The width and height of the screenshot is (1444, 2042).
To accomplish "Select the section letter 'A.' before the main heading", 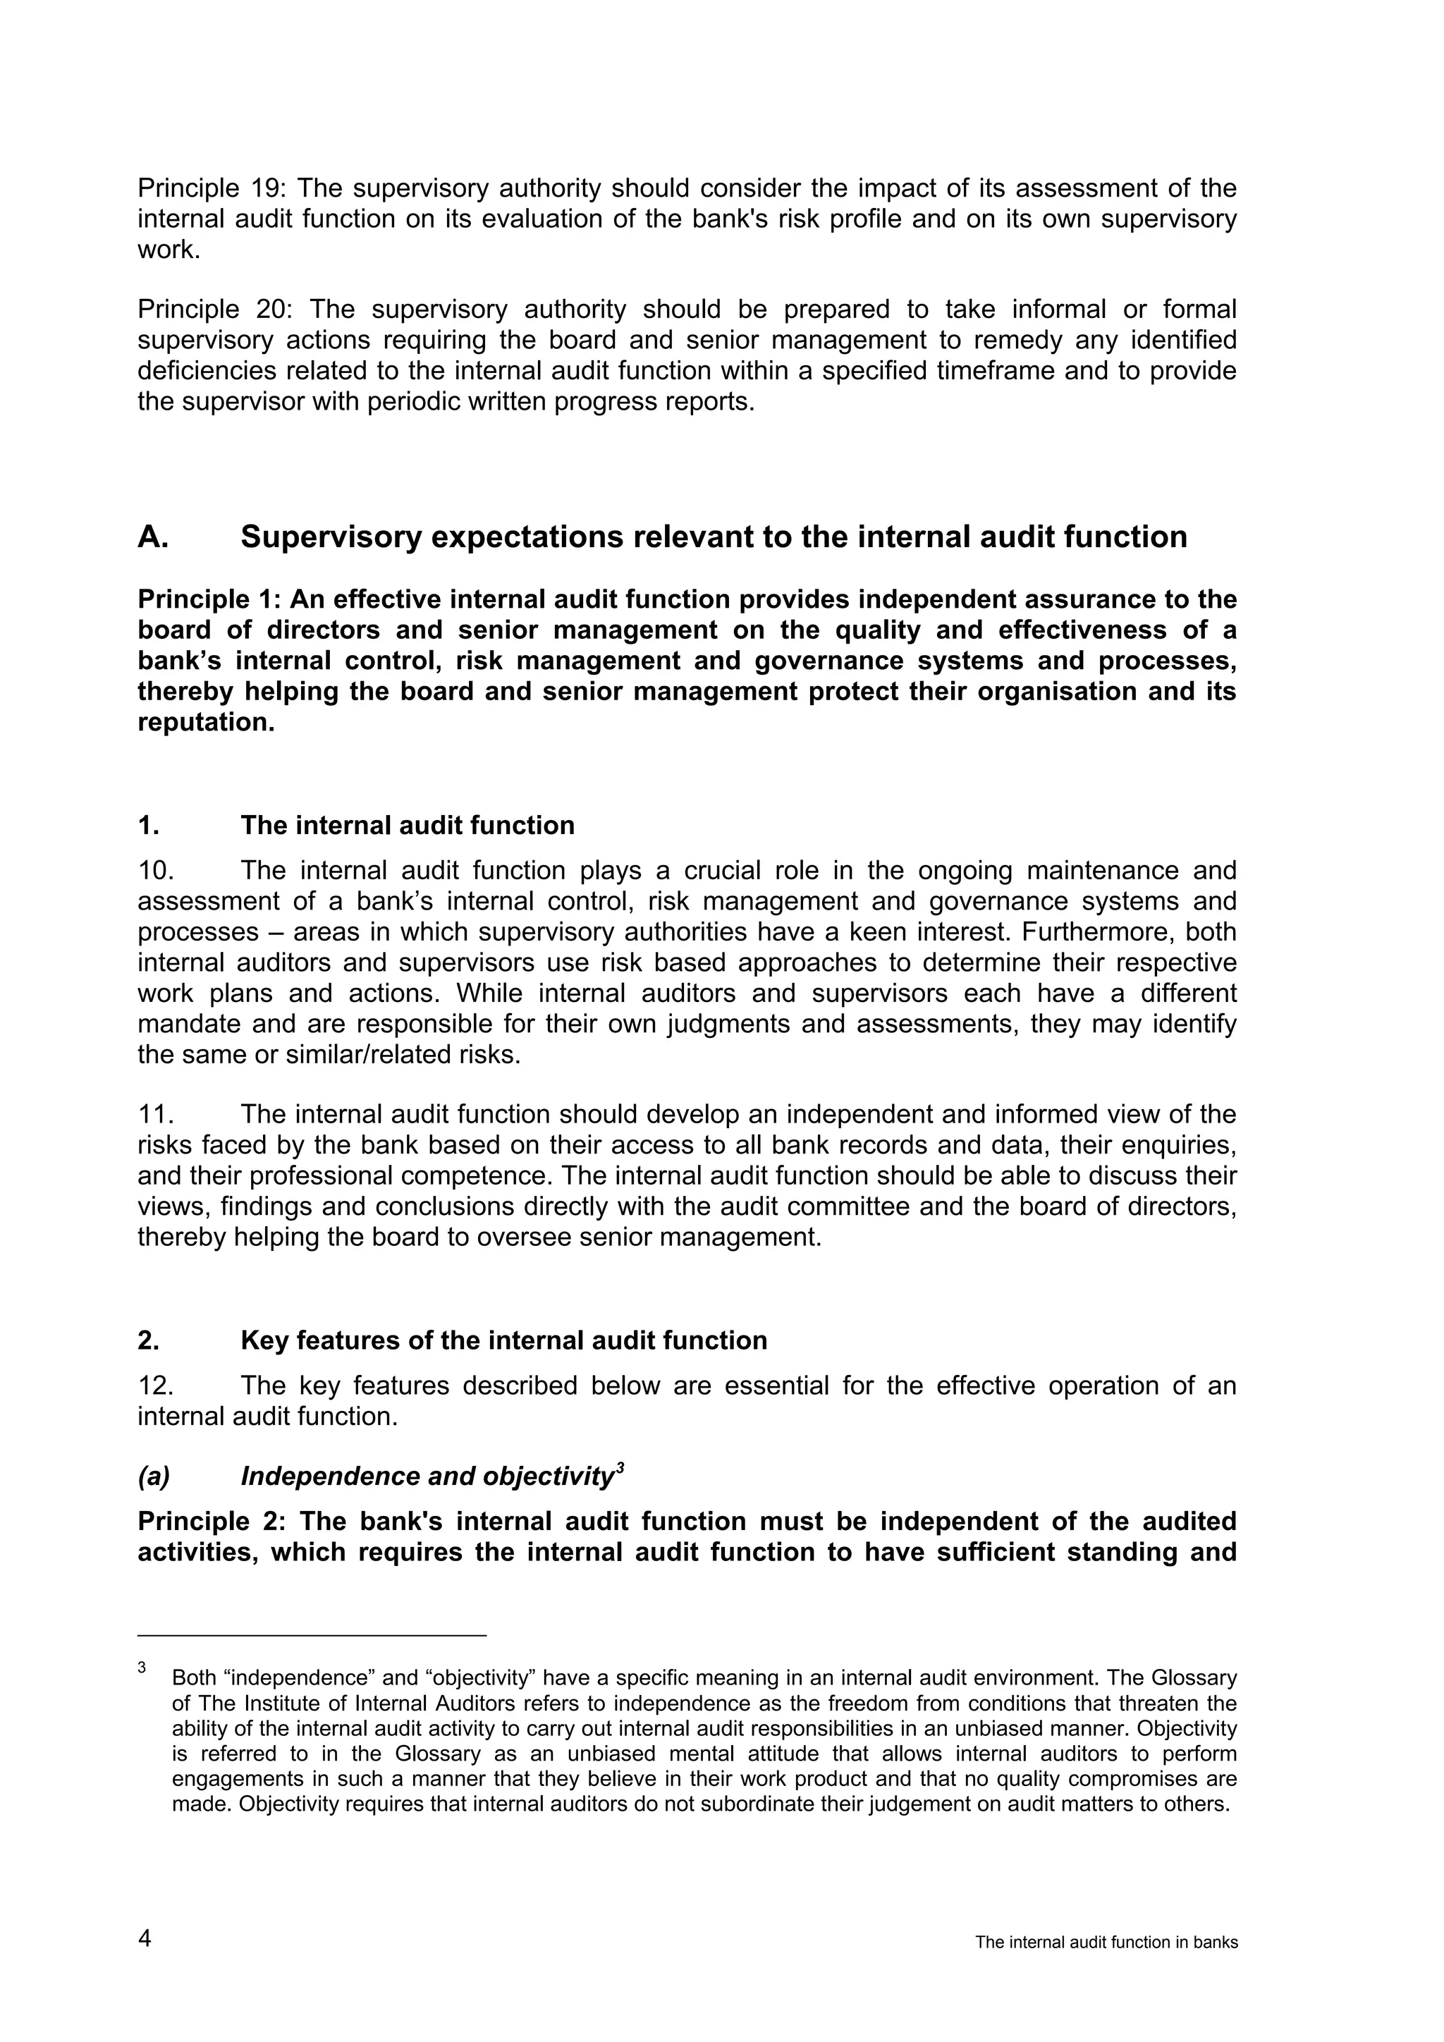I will [x=153, y=537].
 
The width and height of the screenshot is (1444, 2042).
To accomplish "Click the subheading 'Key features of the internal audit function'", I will [x=503, y=1340].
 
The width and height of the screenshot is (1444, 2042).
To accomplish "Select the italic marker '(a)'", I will [x=154, y=1477].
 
